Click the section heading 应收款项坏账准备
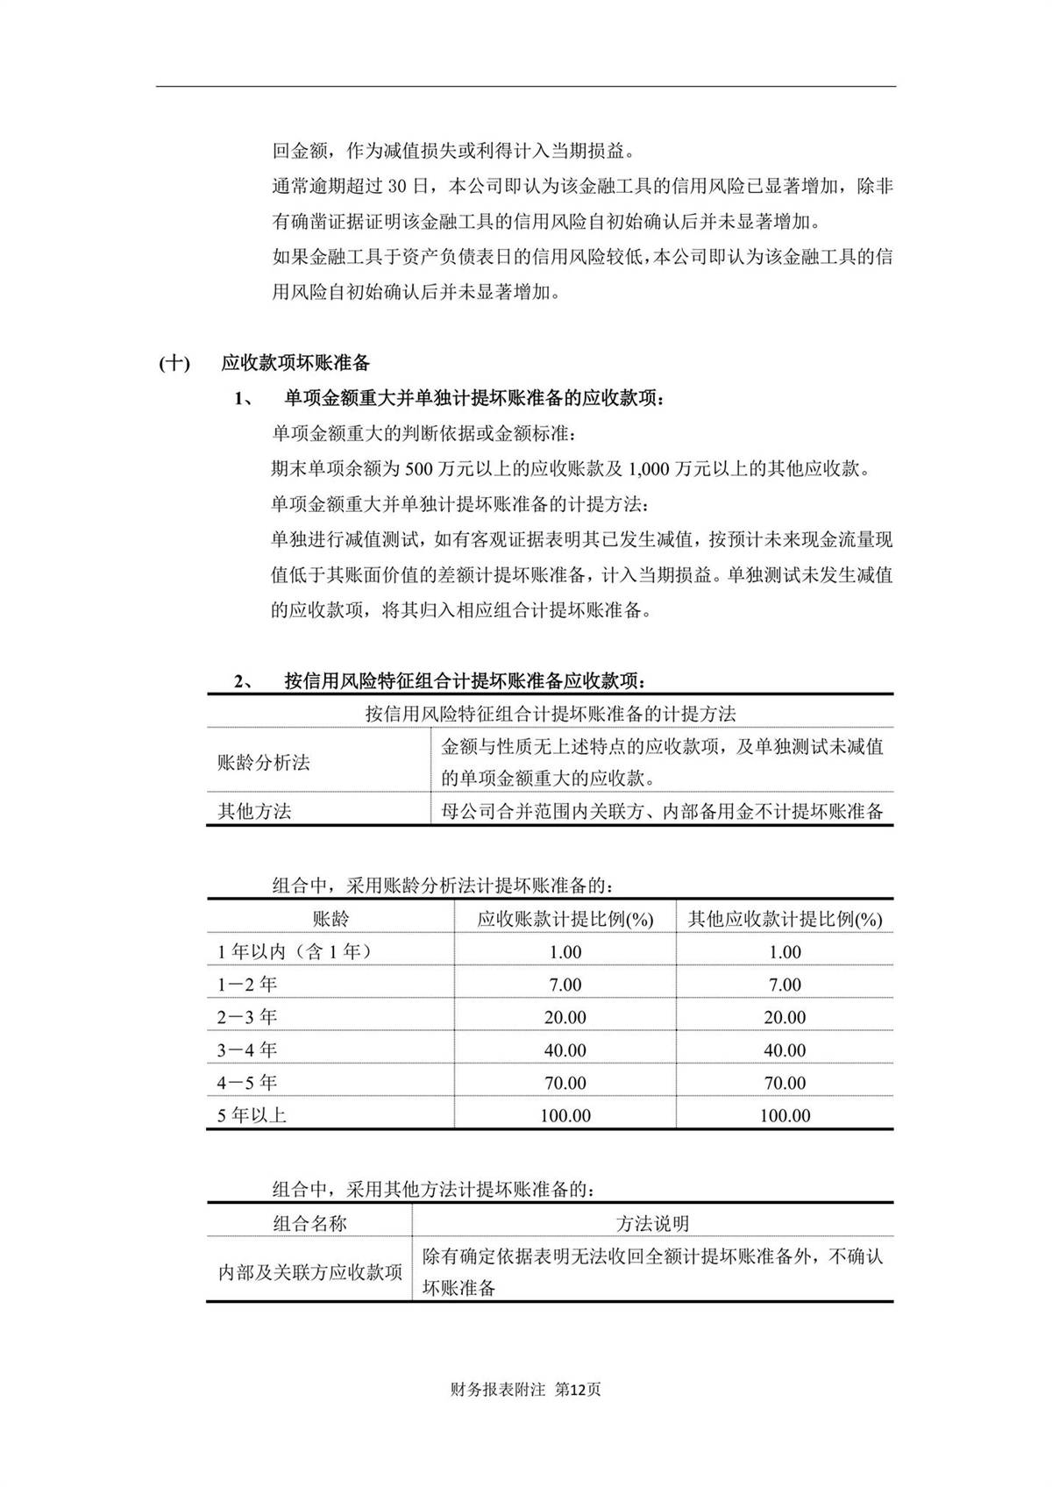(x=295, y=363)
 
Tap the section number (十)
(x=174, y=363)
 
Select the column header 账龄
(x=331, y=919)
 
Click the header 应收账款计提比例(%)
(x=565, y=919)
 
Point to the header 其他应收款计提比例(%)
(x=785, y=919)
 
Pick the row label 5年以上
(x=252, y=1115)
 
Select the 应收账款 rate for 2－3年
(x=565, y=1017)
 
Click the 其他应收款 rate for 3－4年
(x=785, y=1049)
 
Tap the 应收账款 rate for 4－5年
(x=565, y=1083)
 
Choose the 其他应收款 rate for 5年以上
(x=785, y=1115)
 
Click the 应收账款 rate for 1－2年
(x=565, y=985)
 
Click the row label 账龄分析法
(x=264, y=762)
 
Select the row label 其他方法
(x=254, y=811)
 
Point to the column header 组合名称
(x=309, y=1223)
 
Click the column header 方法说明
(x=652, y=1223)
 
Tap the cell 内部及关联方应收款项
(x=309, y=1272)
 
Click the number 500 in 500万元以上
(x=419, y=469)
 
